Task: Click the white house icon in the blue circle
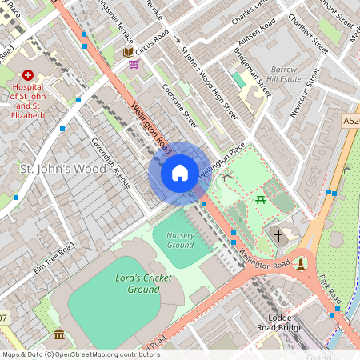coord(180,172)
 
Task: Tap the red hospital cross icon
coord(28,73)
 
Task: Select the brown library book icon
coord(128,52)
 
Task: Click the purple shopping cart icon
coord(134,64)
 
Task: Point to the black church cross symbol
coord(278,235)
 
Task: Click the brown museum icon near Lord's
coord(59,334)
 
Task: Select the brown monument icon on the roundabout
coord(301,263)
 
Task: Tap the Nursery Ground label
coord(180,239)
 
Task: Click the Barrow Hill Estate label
coord(285,75)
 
